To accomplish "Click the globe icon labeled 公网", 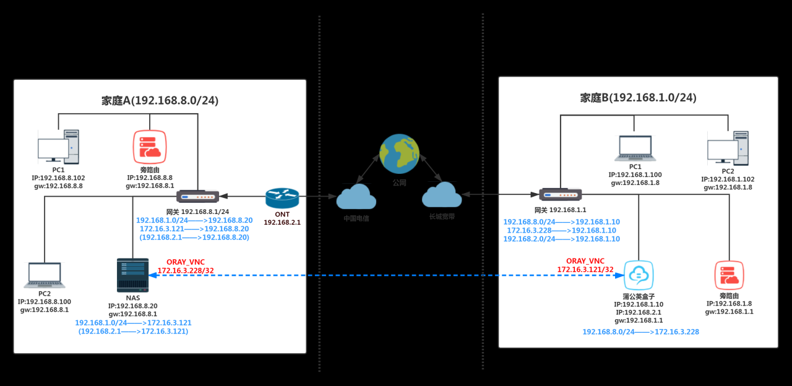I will [x=399, y=154].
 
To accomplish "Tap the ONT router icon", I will [x=282, y=198].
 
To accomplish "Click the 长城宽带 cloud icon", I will [x=442, y=195].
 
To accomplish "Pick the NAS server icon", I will [x=132, y=275].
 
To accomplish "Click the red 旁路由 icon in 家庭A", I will [x=150, y=147].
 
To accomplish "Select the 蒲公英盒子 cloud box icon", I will [x=639, y=275].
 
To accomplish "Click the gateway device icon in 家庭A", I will [x=197, y=197].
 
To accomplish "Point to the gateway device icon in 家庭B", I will [x=560, y=195].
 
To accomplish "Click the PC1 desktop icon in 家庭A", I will [x=58, y=147].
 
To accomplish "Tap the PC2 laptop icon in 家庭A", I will [x=45, y=275].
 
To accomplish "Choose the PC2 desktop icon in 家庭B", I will [x=728, y=148].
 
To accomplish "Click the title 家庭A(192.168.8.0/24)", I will [x=160, y=100].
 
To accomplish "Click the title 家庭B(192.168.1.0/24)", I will [x=638, y=98].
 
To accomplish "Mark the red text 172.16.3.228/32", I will [x=186, y=270].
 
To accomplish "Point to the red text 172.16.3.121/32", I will [x=585, y=269].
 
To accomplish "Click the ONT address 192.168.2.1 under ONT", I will [x=282, y=221].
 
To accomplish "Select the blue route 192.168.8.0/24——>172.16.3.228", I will [x=640, y=332].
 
